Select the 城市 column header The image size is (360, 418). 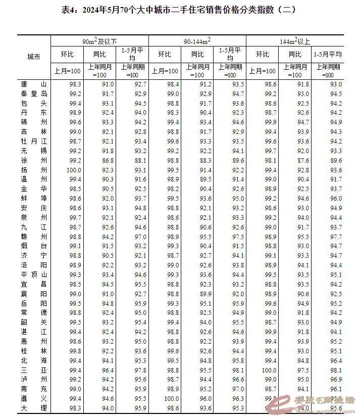[34, 57]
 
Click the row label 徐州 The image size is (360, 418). [34, 160]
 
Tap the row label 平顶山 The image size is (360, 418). [34, 274]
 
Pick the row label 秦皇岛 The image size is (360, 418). [34, 94]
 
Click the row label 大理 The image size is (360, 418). [34, 408]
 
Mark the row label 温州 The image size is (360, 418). [34, 179]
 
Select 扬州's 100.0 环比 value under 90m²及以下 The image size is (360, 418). [74, 170]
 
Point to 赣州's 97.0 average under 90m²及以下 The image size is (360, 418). [140, 237]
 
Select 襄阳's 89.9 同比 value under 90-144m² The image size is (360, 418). [205, 294]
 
